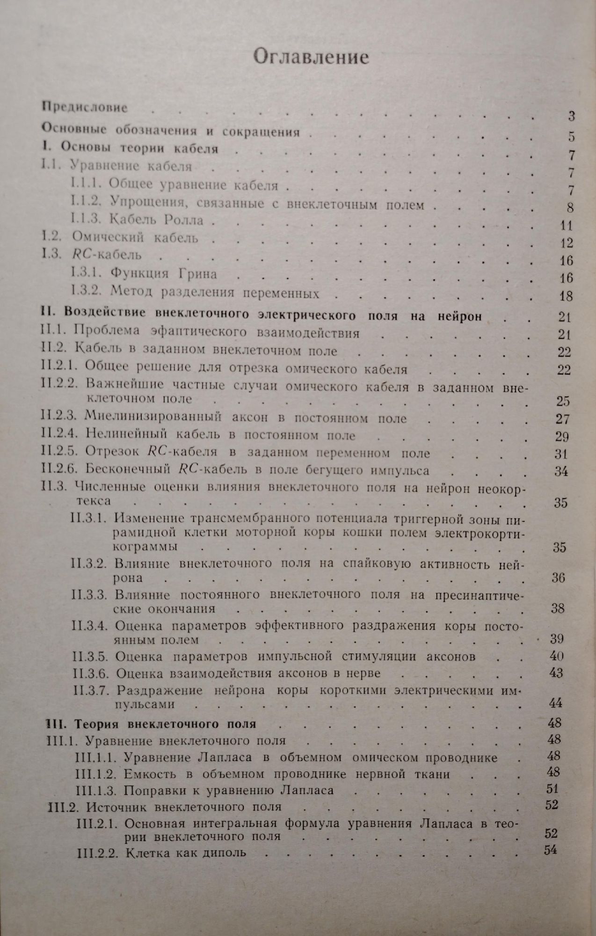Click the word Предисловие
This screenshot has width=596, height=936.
[85, 107]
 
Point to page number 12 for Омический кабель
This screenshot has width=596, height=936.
[566, 243]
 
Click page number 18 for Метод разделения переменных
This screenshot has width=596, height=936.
[566, 296]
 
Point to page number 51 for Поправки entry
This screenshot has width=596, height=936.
[552, 789]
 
